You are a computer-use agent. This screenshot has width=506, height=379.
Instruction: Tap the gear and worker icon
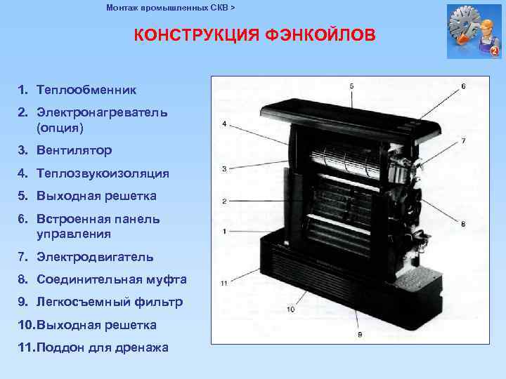tap(473, 31)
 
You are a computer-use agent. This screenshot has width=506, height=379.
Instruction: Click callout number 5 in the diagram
tap(351, 86)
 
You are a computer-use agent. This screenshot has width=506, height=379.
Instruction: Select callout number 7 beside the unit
tap(463, 141)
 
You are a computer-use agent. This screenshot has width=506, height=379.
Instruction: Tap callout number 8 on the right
tap(463, 224)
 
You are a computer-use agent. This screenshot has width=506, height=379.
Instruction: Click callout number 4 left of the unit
tap(223, 124)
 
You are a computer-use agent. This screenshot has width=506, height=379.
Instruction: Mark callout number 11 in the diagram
tap(223, 283)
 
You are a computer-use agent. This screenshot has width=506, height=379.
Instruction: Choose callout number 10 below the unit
tap(291, 310)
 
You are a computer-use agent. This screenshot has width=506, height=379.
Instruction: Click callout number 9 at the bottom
tap(360, 335)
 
